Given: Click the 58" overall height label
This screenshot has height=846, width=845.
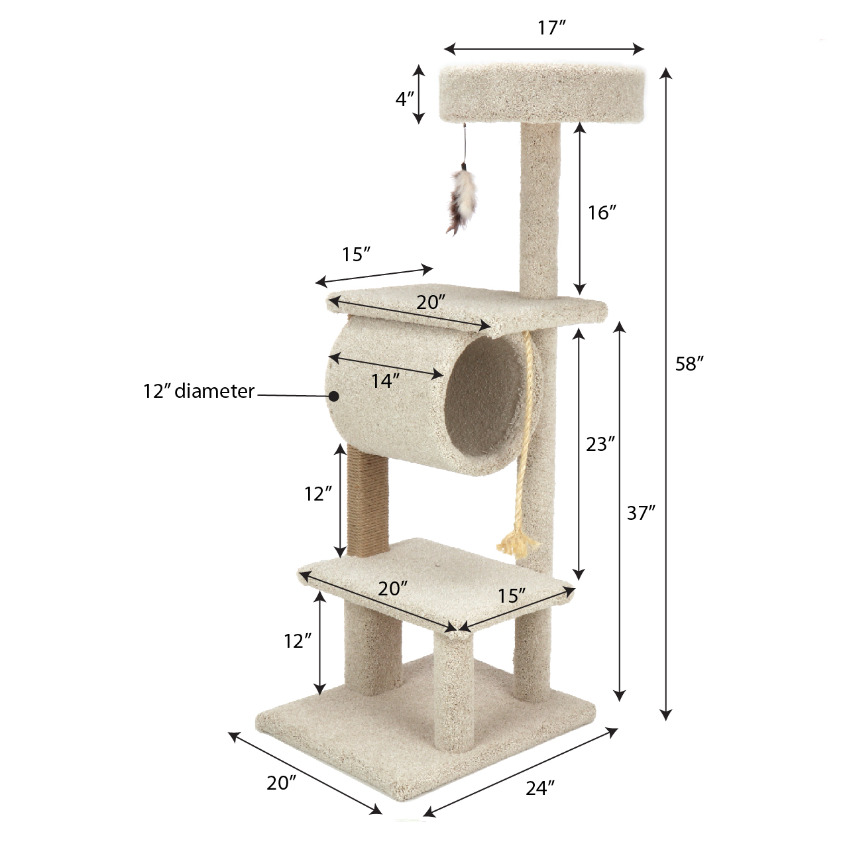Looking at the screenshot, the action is click(x=689, y=364).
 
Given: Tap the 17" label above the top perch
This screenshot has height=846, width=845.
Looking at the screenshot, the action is click(x=551, y=28).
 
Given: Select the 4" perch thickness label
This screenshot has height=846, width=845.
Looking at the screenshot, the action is click(x=404, y=99).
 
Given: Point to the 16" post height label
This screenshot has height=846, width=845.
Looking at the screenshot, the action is click(x=602, y=213).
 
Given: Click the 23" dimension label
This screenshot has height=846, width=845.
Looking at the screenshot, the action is click(x=600, y=444).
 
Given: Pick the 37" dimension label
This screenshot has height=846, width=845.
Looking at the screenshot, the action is click(x=641, y=513).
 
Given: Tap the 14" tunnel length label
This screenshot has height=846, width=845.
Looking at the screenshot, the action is click(x=386, y=381).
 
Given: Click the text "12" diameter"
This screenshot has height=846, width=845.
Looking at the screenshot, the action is click(x=199, y=391).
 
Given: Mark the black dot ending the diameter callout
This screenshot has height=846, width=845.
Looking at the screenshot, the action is click(x=334, y=396).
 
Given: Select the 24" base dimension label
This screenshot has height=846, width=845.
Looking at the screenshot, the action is click(x=540, y=788).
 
